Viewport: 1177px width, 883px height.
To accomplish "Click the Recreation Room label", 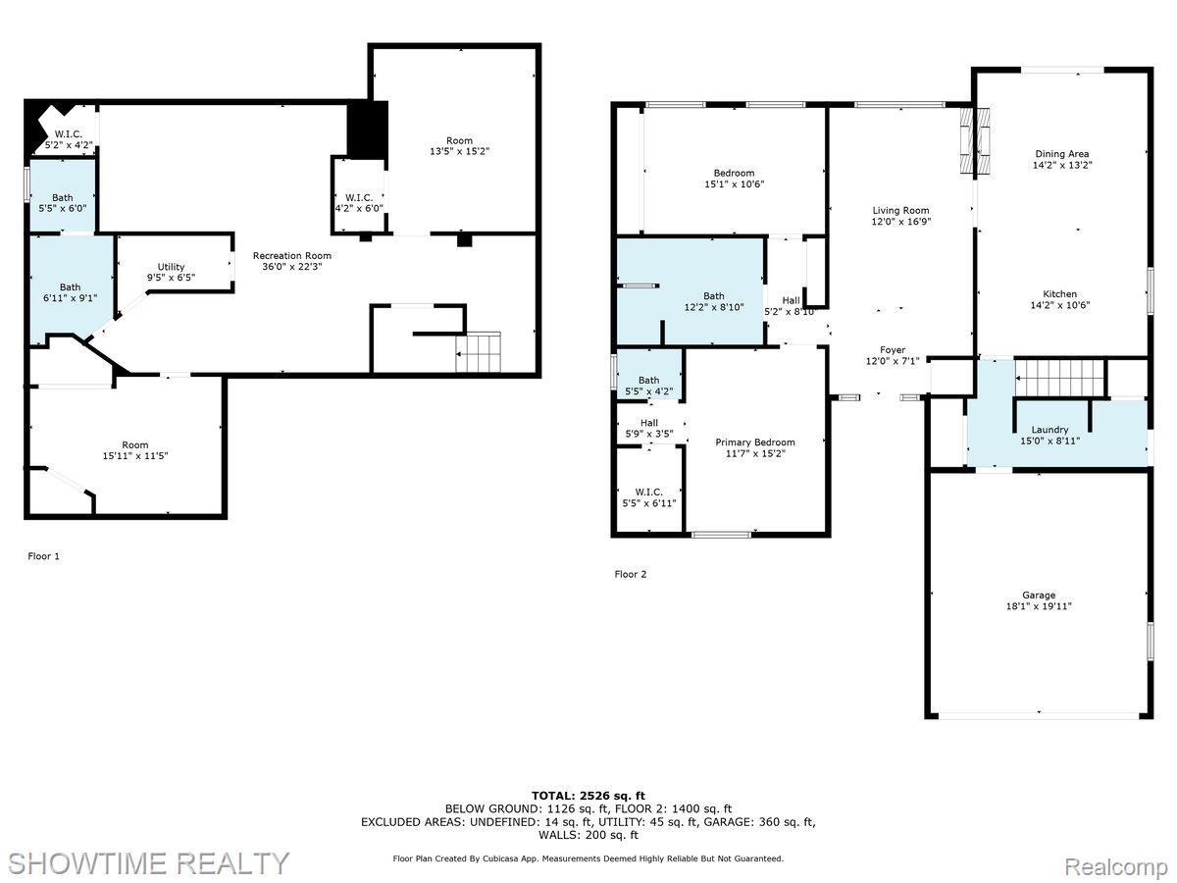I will coord(291,256).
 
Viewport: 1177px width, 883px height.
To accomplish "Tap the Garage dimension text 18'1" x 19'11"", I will coord(1039,606).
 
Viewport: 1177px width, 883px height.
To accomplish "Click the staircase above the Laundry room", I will coord(1059,374).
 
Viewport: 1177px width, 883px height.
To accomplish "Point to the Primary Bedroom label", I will coord(754,442).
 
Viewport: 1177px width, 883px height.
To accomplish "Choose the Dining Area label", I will coord(1061,154).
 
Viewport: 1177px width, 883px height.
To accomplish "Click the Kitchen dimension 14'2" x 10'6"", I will coord(1059,305).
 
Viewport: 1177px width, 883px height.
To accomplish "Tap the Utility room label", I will coord(172,267).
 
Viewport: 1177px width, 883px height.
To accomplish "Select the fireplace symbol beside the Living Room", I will coord(975,140).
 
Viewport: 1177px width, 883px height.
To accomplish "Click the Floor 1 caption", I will coord(43,556).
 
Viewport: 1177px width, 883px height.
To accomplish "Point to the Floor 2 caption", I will coord(631,574).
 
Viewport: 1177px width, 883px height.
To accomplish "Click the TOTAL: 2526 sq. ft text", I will coord(588,796).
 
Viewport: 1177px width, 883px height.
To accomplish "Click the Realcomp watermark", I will coord(1116,867).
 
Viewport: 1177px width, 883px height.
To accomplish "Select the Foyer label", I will coord(892,350).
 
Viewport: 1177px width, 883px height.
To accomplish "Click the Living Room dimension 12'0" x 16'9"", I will coord(900,223).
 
